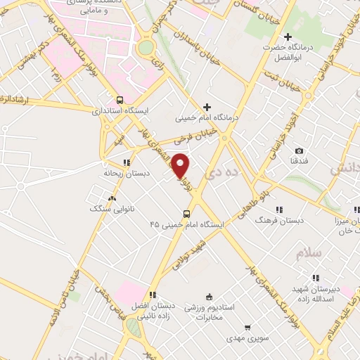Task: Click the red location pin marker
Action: point(181,166)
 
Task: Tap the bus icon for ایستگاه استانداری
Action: point(120,100)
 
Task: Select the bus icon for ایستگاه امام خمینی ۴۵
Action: point(186,214)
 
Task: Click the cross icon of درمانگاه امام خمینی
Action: point(207,107)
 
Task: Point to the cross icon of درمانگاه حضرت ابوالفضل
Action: point(287,37)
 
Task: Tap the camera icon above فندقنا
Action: point(300,151)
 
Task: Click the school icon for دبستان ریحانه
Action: point(127,162)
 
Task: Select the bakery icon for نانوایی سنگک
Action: point(112,199)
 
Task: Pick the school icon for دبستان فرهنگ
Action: point(279,210)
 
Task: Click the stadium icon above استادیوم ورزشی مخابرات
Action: point(208,298)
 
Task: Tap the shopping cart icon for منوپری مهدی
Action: point(247,327)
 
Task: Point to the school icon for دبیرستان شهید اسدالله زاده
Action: point(316,278)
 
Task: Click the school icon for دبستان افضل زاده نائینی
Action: point(153,295)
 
